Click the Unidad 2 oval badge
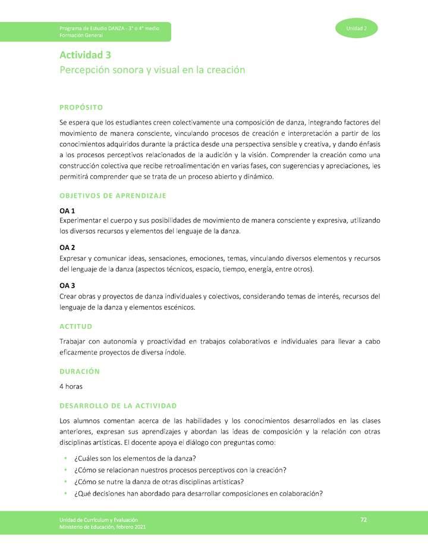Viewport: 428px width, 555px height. (x=356, y=29)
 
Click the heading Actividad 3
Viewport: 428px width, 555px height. (x=85, y=55)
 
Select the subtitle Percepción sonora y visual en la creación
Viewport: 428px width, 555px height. (x=152, y=70)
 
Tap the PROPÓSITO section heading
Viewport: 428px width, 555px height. (x=81, y=107)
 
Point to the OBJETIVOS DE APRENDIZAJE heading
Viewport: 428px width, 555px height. (x=113, y=195)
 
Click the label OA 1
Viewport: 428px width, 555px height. (x=67, y=211)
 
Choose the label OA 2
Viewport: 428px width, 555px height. (x=67, y=247)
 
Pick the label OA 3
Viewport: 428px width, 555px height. (x=67, y=285)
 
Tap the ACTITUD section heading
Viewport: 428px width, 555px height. (x=75, y=326)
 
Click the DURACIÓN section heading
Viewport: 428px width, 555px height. (x=80, y=371)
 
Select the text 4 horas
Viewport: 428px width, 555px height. (x=71, y=386)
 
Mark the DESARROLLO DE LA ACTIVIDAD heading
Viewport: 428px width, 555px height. (x=118, y=406)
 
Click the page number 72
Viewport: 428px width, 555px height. (x=364, y=520)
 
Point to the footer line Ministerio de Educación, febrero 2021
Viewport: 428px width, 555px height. (x=102, y=527)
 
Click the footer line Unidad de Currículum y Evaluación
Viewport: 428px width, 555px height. (x=99, y=520)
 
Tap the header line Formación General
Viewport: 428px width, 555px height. (x=81, y=35)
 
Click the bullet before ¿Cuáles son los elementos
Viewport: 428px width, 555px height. (x=64, y=458)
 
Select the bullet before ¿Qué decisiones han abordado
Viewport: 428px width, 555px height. (x=64, y=493)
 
